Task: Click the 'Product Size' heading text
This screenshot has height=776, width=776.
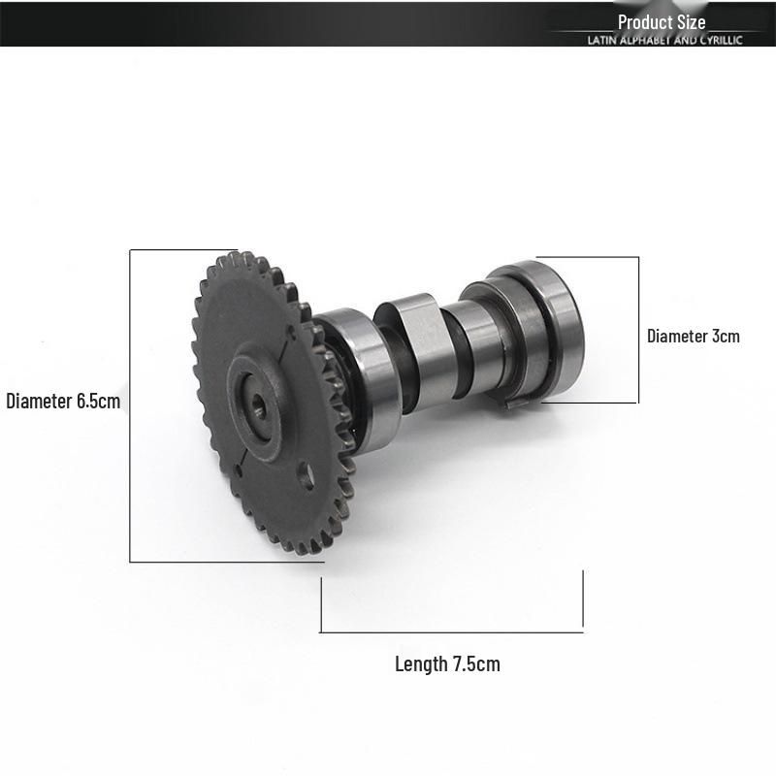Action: (x=662, y=22)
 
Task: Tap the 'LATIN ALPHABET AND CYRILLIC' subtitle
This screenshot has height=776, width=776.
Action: (x=664, y=40)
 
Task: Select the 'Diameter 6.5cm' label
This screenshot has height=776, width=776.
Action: (x=63, y=401)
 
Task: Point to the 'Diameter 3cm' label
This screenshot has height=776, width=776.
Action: (x=694, y=336)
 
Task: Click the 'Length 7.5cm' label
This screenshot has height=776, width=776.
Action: (x=447, y=663)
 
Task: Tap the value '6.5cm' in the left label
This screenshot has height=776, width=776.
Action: (x=99, y=401)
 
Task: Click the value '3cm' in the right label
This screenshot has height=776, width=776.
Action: (x=726, y=336)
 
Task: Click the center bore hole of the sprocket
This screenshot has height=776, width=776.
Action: (x=258, y=405)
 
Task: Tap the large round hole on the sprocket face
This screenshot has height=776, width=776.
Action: (x=307, y=475)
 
